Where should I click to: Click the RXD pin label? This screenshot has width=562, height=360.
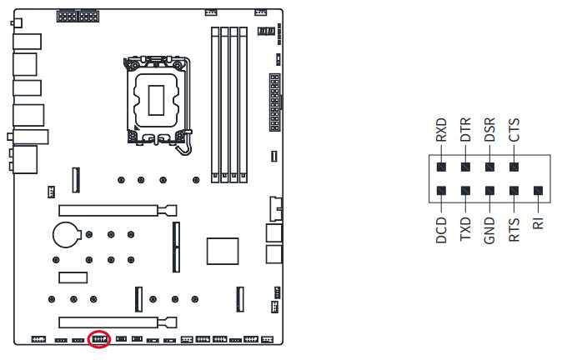pyautogui.click(x=442, y=130)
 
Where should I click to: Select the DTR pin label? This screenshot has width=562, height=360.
pyautogui.click(x=466, y=130)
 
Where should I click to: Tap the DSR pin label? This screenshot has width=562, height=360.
pyautogui.click(x=490, y=130)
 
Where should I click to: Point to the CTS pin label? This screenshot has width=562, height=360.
pyautogui.click(x=514, y=130)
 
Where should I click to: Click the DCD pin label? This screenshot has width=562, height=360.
pyautogui.click(x=442, y=229)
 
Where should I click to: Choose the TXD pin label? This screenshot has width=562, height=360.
pyautogui.click(x=466, y=229)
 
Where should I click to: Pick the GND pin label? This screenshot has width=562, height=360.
pyautogui.click(x=490, y=229)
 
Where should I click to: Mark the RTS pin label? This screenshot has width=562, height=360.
pyautogui.click(x=514, y=229)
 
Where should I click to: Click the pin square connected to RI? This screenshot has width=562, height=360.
pyautogui.click(x=539, y=192)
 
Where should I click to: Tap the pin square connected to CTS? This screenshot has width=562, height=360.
pyautogui.click(x=514, y=167)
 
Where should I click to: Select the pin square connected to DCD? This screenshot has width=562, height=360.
pyautogui.click(x=442, y=192)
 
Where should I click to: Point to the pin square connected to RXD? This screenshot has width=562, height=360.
pyautogui.click(x=442, y=167)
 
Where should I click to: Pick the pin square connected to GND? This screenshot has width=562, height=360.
pyautogui.click(x=490, y=192)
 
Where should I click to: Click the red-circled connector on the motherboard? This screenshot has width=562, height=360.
pyautogui.click(x=99, y=339)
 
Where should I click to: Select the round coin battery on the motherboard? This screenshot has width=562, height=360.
pyautogui.click(x=66, y=234)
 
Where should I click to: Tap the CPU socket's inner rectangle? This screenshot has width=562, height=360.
pyautogui.click(x=154, y=99)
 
